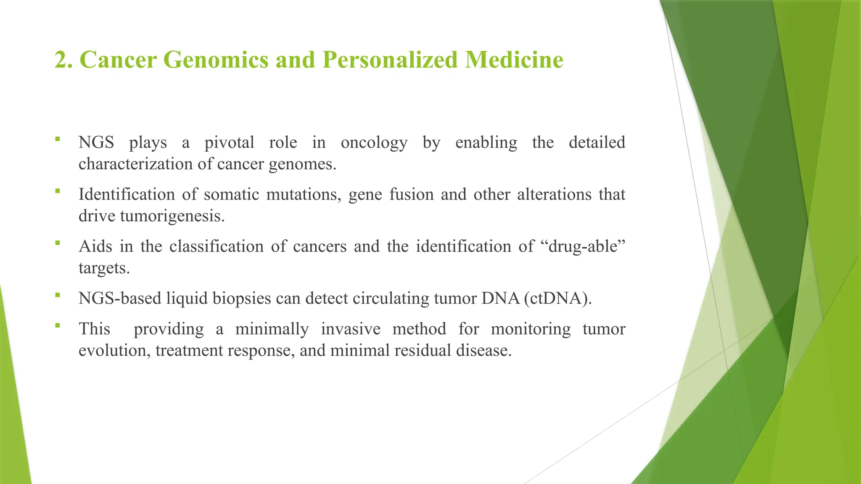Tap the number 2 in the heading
pos(61,60)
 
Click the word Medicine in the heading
pos(514,60)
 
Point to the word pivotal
pos(229,143)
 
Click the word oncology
pos(374,143)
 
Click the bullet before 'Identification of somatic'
pos(58,191)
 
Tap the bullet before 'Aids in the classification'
pos(58,242)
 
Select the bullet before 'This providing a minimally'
pos(58,325)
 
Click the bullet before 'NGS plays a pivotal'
pos(58,139)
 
